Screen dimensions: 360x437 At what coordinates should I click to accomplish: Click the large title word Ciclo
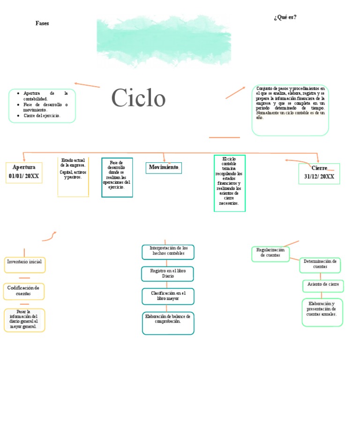tap(138, 98)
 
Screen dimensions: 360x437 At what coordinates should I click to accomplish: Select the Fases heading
tap(42, 23)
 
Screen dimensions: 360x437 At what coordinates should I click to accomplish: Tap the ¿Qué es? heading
tap(285, 17)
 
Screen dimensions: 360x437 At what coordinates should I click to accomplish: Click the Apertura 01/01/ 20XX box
tap(24, 172)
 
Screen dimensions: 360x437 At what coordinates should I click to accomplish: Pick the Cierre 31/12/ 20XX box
tap(319, 173)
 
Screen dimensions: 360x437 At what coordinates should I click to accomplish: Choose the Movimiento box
tap(164, 167)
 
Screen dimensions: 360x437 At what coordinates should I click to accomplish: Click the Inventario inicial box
tap(24, 264)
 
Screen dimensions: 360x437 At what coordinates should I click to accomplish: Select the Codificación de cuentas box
tap(24, 291)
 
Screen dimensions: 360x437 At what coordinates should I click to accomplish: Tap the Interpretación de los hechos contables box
tap(168, 251)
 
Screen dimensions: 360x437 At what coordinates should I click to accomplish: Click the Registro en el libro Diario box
tap(168, 274)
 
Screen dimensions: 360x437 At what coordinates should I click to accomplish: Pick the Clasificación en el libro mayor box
tap(168, 296)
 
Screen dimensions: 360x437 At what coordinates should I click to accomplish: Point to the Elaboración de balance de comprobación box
tap(168, 323)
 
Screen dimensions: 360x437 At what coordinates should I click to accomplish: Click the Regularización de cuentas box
tap(270, 253)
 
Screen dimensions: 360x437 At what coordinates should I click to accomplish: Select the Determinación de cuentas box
tap(320, 264)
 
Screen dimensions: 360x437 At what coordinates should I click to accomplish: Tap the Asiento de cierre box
tap(323, 285)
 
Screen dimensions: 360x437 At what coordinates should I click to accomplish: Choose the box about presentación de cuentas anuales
tap(322, 311)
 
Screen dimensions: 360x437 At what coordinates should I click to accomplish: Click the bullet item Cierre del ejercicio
tap(42, 115)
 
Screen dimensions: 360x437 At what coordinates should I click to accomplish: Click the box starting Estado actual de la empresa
tap(73, 176)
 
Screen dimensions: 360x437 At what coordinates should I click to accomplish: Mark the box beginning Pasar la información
tap(24, 320)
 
